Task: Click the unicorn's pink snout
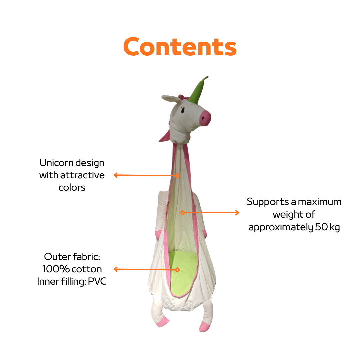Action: coord(205,118)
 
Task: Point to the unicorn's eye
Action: coord(183,110)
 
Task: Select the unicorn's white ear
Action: coord(170,98)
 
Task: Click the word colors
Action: coord(72,187)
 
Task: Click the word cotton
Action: coord(86,269)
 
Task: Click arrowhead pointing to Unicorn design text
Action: coord(115,175)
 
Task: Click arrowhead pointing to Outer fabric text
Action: coord(115,269)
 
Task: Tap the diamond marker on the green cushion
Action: coord(177,270)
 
